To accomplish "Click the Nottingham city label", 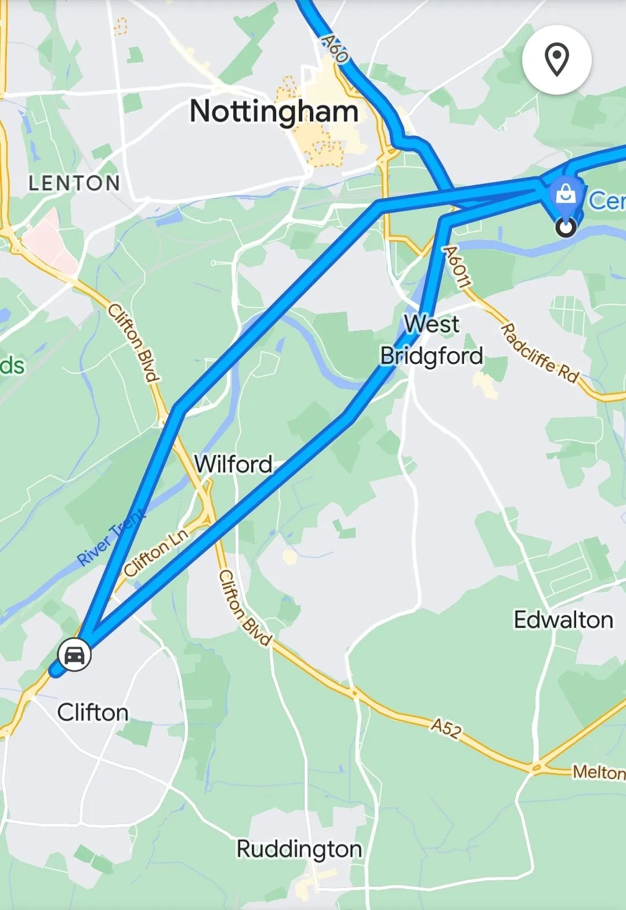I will point(274,111).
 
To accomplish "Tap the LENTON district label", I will point(74,183).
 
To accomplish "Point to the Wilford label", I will point(233,464).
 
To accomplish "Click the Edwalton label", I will point(563,620).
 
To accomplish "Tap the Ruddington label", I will point(299,849).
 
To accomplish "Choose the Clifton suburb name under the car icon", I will point(93,712).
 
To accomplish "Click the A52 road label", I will point(446,728).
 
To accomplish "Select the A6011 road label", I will point(457,266).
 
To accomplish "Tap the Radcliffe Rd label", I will point(540,353).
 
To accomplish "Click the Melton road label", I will point(599,772).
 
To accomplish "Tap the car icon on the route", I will point(74,655).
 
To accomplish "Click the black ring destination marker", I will point(566,227).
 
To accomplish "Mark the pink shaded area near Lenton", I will point(49,241).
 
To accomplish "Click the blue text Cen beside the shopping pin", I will point(607,201).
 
